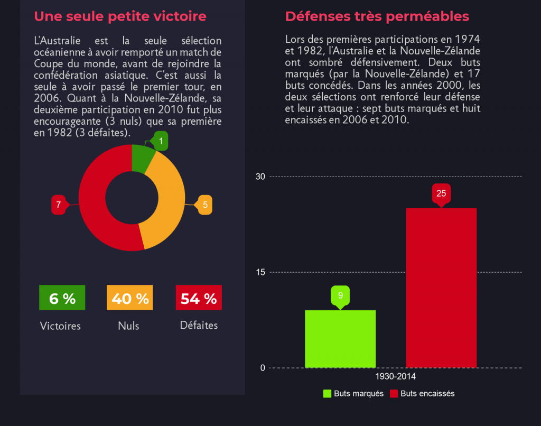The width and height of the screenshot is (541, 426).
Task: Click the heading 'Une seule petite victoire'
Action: click(120, 16)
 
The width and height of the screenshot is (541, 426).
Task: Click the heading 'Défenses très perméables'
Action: click(377, 16)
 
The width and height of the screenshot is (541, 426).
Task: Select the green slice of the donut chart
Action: click(141, 159)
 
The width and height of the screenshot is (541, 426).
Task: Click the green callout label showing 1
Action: click(161, 142)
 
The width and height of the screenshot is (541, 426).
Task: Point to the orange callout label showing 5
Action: click(204, 205)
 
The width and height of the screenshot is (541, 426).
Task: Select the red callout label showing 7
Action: click(59, 205)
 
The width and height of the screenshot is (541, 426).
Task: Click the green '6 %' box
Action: click(62, 298)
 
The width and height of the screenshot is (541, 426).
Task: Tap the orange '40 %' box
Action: click(130, 298)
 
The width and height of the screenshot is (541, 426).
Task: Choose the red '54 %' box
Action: click(198, 298)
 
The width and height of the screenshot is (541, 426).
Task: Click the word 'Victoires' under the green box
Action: click(60, 326)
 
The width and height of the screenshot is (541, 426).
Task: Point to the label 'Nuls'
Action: click(128, 326)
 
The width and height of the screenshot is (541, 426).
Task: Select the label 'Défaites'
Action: click(199, 326)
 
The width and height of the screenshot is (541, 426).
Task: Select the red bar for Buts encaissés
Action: click(441, 288)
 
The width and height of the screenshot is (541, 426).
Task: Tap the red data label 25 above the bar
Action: click(441, 193)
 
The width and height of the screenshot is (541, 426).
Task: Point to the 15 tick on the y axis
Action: click(260, 272)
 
